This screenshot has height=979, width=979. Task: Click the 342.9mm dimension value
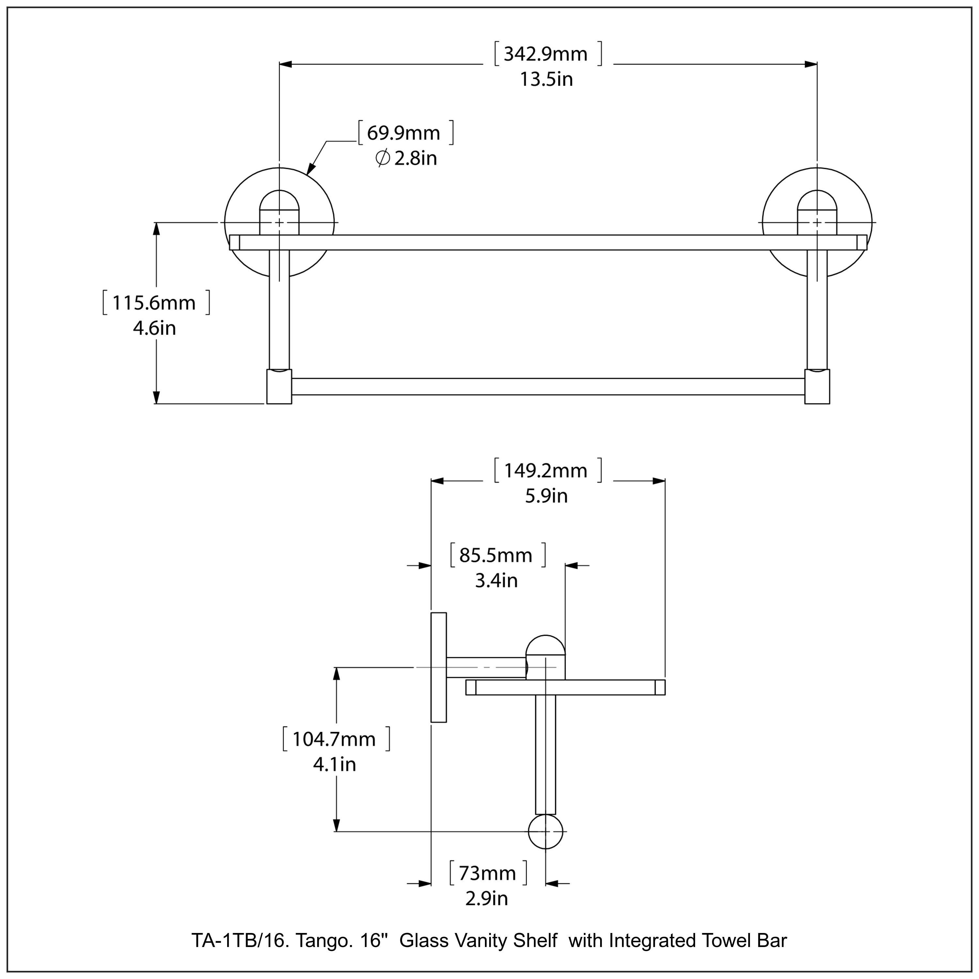[x=546, y=54]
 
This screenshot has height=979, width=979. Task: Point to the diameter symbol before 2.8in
[x=382, y=159]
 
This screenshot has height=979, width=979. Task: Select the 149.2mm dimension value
[x=546, y=471]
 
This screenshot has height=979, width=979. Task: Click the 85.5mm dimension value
[x=496, y=555]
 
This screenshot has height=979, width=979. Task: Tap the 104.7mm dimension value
[x=334, y=739]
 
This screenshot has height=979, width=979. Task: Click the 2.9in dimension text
[x=487, y=898]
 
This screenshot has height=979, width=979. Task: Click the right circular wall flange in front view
[x=856, y=203]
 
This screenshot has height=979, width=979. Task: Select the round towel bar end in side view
[x=545, y=831]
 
